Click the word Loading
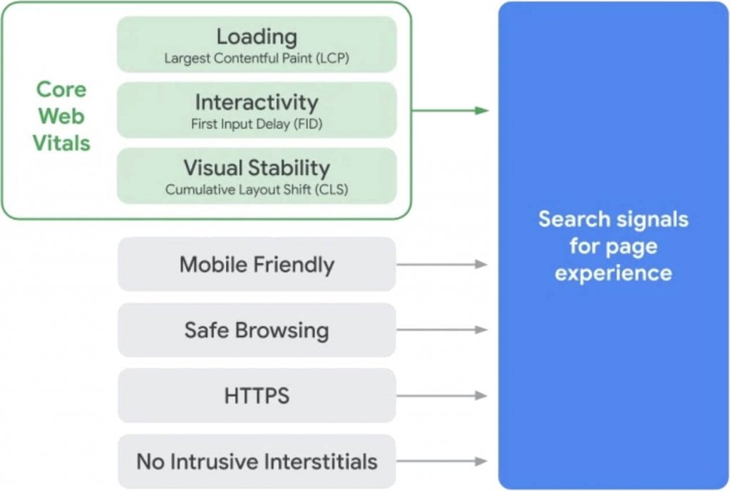tap(257, 36)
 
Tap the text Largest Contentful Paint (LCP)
tap(257, 58)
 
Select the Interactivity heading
tap(257, 102)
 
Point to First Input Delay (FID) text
tap(257, 123)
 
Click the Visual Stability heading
tap(257, 168)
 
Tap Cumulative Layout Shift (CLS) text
tap(257, 190)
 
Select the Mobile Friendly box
tap(257, 265)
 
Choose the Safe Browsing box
tap(257, 330)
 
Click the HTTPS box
tap(257, 396)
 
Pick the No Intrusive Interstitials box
tap(257, 462)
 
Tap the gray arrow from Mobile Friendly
tap(441, 265)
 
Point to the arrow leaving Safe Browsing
tap(441, 330)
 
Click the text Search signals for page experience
tap(613, 246)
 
